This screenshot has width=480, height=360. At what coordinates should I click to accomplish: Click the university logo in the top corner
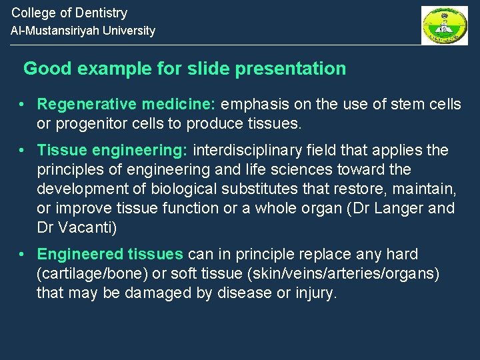(444, 25)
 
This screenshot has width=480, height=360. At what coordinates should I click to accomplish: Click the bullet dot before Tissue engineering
(23, 151)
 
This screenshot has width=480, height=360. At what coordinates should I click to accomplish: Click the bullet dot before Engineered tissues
(23, 255)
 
